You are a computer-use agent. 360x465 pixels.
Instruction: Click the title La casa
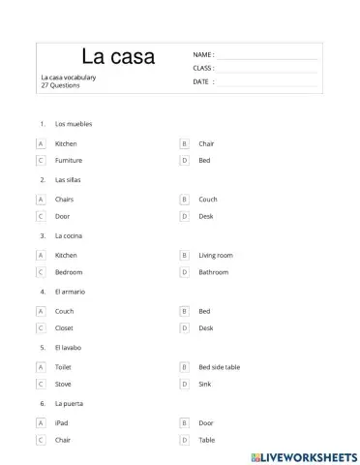point(118,57)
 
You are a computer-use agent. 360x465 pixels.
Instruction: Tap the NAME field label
point(203,55)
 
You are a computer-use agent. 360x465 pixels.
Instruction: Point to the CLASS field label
point(203,69)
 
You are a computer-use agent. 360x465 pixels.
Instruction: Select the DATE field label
point(202,82)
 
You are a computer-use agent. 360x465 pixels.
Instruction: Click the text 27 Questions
point(61,85)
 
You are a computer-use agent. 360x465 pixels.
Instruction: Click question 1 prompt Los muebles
point(74,124)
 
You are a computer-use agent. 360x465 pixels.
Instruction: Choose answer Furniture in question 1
point(69,160)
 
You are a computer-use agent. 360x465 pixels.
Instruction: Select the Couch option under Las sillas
point(207,200)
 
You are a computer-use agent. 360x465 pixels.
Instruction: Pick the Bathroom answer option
point(213,272)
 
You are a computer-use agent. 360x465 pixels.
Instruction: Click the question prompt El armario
point(72,291)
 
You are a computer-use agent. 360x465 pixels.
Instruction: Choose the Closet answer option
point(65,328)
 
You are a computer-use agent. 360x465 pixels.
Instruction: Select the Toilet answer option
point(65,367)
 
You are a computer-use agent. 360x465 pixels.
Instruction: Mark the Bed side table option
point(219,367)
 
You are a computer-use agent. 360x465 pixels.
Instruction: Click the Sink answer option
point(204,385)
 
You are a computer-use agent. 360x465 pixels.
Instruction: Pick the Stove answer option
point(64,385)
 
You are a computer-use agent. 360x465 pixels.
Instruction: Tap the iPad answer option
point(62,423)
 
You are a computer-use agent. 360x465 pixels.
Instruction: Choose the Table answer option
point(206,440)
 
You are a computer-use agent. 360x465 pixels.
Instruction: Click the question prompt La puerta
point(70,403)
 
